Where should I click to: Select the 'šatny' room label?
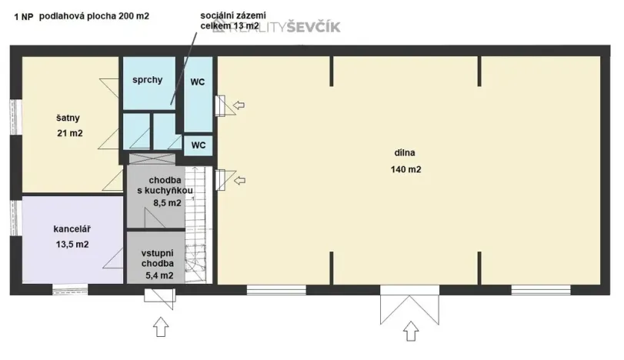(x=68, y=118)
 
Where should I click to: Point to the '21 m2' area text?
(x=69, y=133)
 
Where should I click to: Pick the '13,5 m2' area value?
(x=72, y=245)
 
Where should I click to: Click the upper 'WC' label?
(x=198, y=80)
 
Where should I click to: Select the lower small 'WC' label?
(x=198, y=145)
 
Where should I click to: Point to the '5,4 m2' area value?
(x=157, y=275)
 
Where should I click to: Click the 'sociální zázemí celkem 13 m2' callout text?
(x=229, y=21)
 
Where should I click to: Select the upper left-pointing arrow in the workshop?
(x=240, y=104)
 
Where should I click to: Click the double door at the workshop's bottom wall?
(x=409, y=304)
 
